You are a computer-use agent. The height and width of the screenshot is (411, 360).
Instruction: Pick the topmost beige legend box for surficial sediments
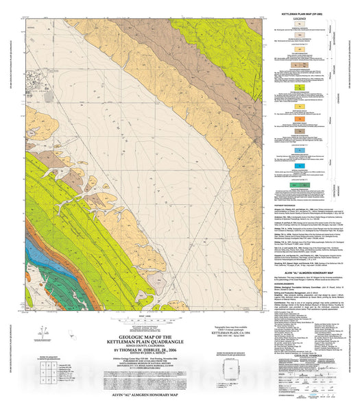(x=303, y=25)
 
